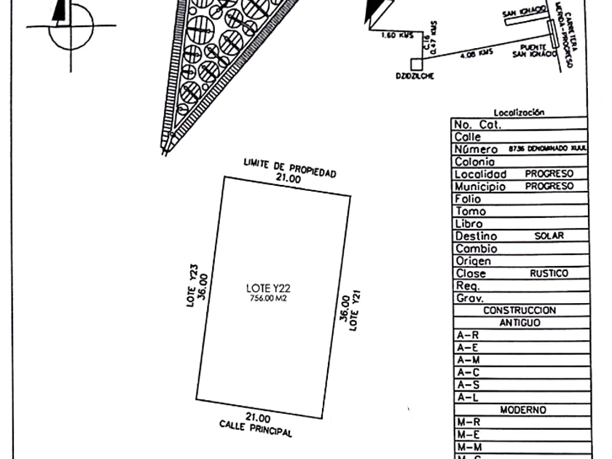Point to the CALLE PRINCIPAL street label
coord(256,428)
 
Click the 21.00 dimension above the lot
coord(288,178)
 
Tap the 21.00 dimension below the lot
coord(258,417)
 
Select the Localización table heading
coord(519,112)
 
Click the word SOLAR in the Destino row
coord(549,236)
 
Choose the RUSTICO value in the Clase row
coord(549,273)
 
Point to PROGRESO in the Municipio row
coord(549,187)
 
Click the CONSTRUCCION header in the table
coord(519,310)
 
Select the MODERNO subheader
coord(522,410)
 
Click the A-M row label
coord(467,360)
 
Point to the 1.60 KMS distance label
coord(397,35)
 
